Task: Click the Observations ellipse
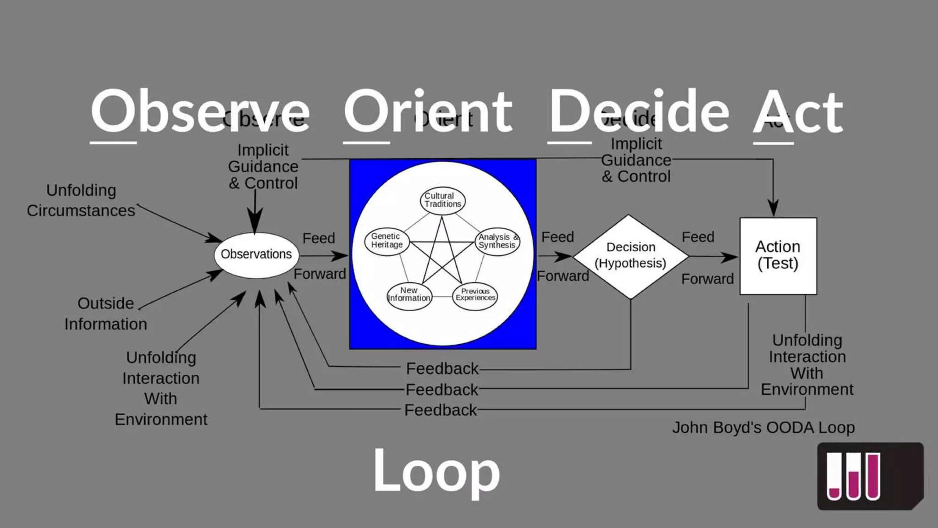pyautogui.click(x=256, y=255)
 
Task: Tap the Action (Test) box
pyautogui.click(x=778, y=256)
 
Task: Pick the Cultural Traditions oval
pyautogui.click(x=442, y=200)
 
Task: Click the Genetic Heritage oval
pyautogui.click(x=387, y=241)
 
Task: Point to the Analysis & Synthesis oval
pyautogui.click(x=497, y=241)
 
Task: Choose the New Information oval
pyautogui.click(x=409, y=295)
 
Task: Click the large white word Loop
pyautogui.click(x=436, y=471)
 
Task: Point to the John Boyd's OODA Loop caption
pyautogui.click(x=763, y=428)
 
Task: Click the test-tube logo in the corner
pyautogui.click(x=869, y=476)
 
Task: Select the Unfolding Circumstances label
pyautogui.click(x=81, y=200)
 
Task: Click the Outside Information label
pyautogui.click(x=105, y=314)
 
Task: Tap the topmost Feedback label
pyautogui.click(x=442, y=368)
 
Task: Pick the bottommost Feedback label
pyautogui.click(x=441, y=410)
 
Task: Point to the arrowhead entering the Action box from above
pyautogui.click(x=773, y=208)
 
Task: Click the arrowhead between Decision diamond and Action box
pyautogui.click(x=729, y=257)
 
